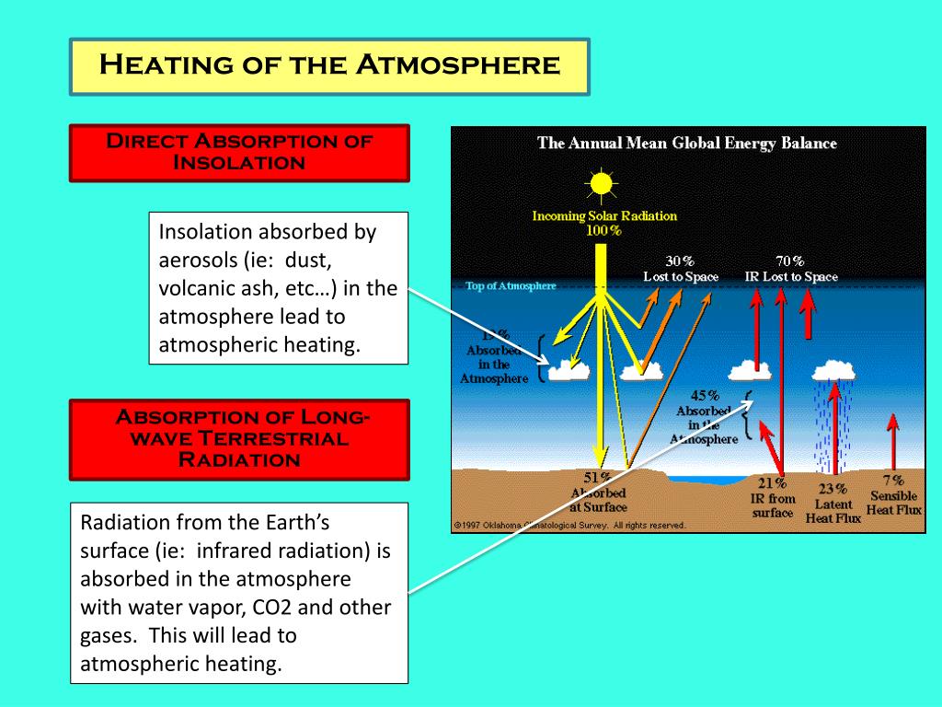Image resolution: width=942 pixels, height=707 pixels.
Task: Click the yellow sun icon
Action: pos(602,185)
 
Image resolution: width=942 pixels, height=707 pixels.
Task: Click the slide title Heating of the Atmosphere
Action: pos(328,65)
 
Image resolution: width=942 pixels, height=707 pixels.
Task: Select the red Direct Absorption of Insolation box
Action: pos(239,152)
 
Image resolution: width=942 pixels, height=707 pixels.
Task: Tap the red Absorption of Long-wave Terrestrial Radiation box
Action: pos(239,438)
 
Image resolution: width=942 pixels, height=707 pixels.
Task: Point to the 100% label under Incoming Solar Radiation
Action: pos(603,230)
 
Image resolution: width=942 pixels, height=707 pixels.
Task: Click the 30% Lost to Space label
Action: pos(681,269)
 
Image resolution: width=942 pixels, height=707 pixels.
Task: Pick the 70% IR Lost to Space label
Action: pos(791,269)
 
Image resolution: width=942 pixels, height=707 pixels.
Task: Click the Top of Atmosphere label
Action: pos(511,286)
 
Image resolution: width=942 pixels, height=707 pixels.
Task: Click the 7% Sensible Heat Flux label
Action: pos(893,495)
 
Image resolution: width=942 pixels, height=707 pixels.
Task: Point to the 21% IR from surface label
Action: pos(773,498)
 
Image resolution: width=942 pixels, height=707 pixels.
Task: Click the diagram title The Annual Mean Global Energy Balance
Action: pos(687,144)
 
